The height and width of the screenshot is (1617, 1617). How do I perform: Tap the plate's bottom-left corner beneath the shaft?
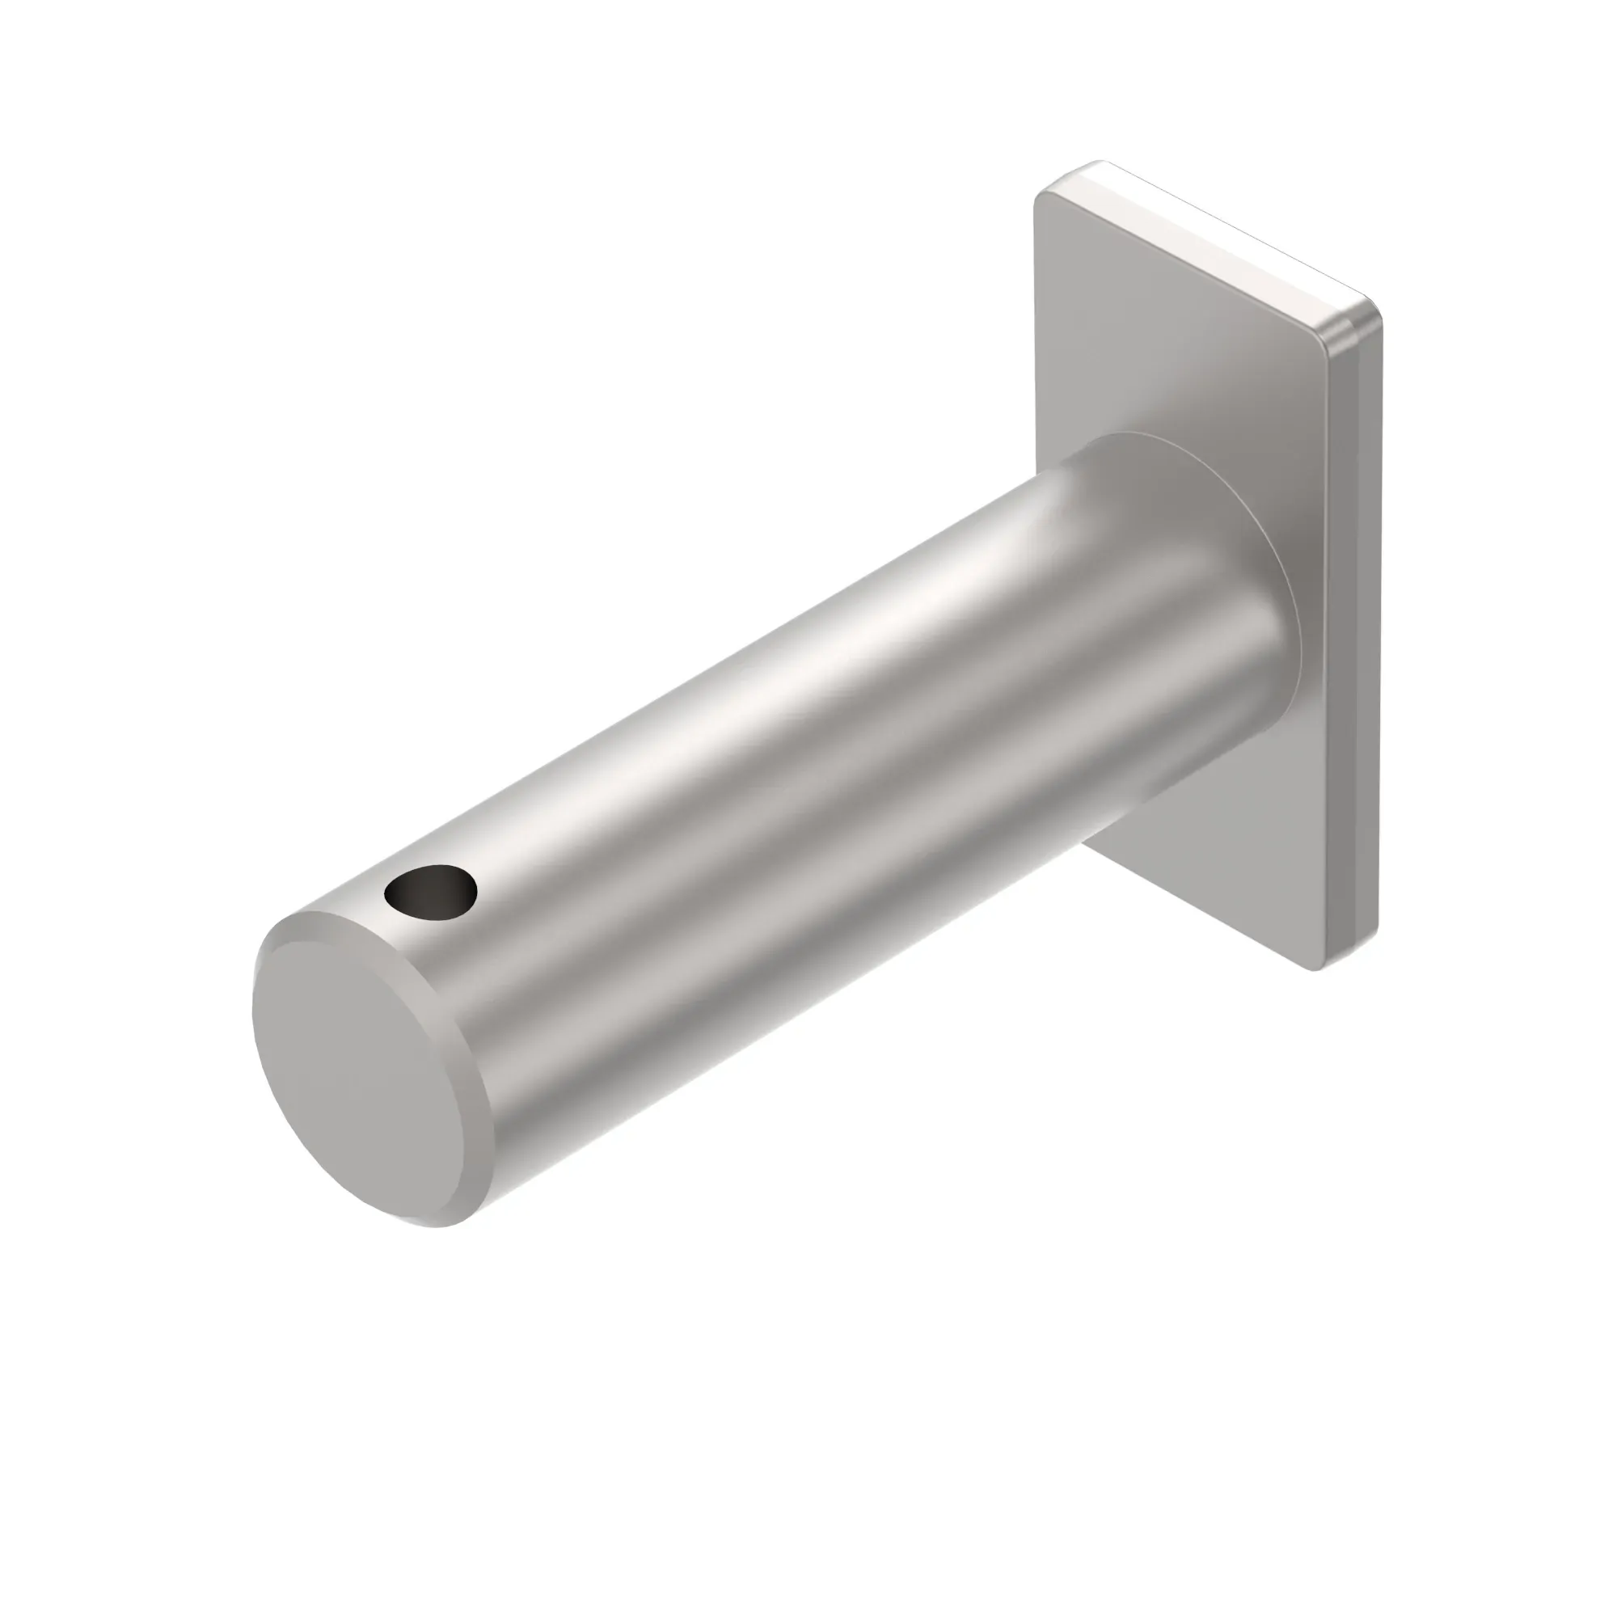click(x=1088, y=846)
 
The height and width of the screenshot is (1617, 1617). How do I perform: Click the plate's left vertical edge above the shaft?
click(x=1038, y=335)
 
